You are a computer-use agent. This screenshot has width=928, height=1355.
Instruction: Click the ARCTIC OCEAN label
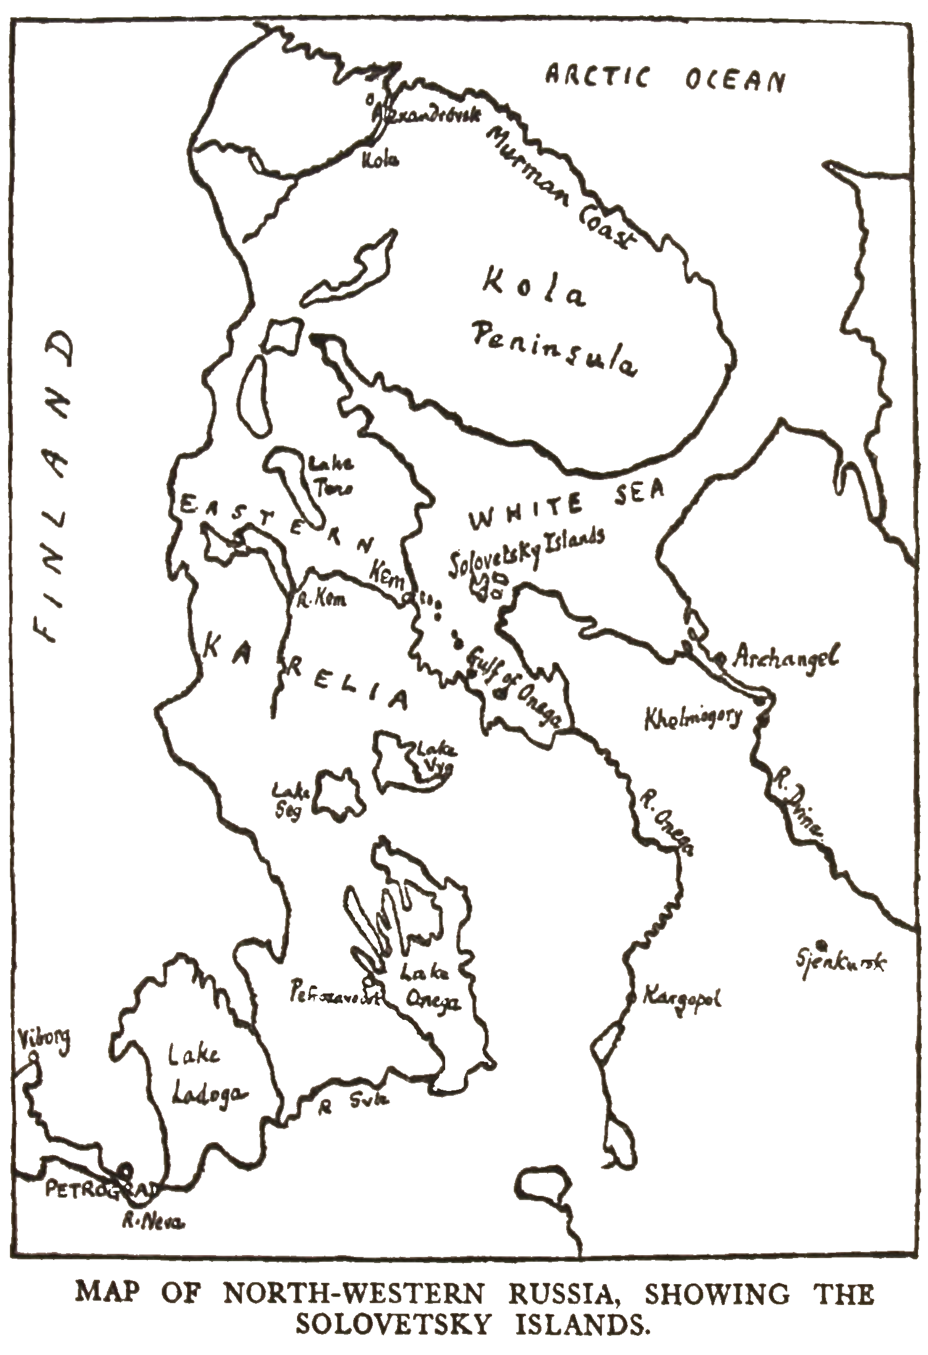[x=664, y=80]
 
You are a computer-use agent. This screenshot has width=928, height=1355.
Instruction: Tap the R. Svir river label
[x=352, y=1103]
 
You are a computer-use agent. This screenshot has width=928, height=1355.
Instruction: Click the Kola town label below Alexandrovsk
[x=378, y=160]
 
